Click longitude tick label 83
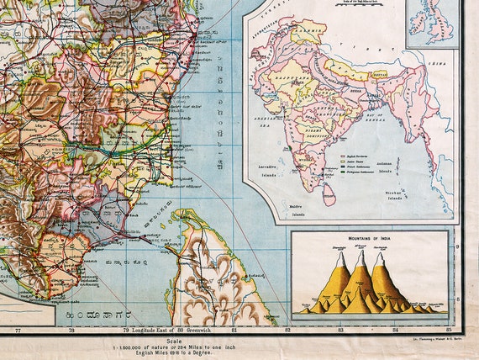point(340,330)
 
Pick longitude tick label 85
point(450,330)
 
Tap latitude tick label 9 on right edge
point(457,246)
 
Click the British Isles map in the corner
point(432,23)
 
